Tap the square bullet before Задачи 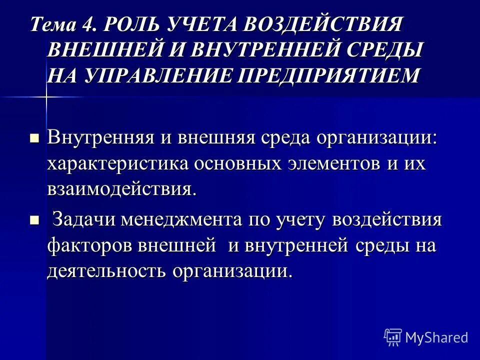(34, 219)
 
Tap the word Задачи (83, 220)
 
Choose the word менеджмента (179, 220)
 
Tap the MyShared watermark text (436, 337)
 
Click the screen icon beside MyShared (393, 337)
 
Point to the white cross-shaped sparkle (46, 96)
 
